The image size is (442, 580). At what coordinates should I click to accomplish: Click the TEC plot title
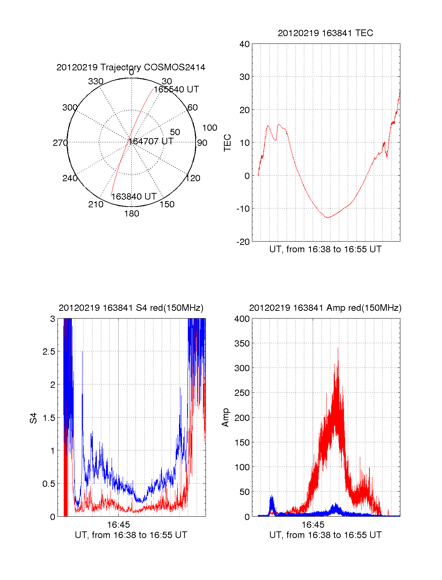coord(325,33)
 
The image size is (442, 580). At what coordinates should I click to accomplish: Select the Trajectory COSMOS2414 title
coord(131,67)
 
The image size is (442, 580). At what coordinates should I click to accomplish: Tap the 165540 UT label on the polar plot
coord(176,89)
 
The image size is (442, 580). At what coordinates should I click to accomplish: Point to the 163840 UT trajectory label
coord(134,197)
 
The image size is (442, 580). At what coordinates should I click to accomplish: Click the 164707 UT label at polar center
coord(151,141)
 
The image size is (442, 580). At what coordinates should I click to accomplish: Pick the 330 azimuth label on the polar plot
coord(96,81)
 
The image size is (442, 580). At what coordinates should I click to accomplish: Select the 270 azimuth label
coord(60,143)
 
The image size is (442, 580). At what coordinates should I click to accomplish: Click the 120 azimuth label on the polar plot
coord(193,178)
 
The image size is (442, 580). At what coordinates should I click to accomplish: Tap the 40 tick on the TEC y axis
coord(245,44)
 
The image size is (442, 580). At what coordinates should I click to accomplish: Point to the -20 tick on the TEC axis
coord(243,242)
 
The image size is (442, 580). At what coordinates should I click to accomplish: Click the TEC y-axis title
coord(228,143)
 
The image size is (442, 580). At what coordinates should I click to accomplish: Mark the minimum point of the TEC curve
coord(327,218)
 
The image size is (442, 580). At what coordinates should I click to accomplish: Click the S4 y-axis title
coord(34,418)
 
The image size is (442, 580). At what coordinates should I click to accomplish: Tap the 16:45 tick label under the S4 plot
coord(119,524)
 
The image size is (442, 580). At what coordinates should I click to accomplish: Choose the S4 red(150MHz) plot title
coord(131,308)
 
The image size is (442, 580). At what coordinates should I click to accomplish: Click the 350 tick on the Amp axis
coord(242,344)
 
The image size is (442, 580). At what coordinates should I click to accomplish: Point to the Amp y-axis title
coord(225,417)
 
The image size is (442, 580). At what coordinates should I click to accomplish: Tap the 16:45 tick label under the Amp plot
coord(313,524)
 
